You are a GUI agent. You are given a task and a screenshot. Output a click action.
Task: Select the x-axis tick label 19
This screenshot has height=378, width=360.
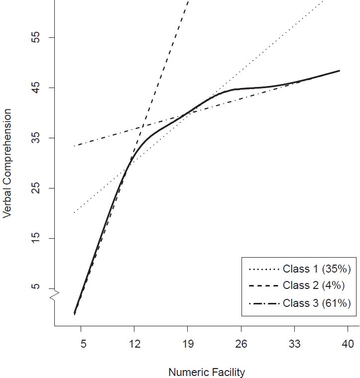pyautogui.click(x=187, y=344)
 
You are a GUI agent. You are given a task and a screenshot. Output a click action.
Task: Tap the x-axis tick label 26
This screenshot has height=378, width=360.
pyautogui.click(x=241, y=344)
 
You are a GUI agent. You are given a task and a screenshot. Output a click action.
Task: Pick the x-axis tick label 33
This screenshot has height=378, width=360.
pyautogui.click(x=294, y=344)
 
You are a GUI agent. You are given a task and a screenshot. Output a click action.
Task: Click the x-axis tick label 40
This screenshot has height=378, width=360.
pyautogui.click(x=348, y=344)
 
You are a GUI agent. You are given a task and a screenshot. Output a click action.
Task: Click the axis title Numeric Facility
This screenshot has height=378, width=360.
pyautogui.click(x=207, y=372)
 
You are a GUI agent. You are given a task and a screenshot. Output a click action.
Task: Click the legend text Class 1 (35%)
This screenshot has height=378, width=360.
pyautogui.click(x=317, y=269)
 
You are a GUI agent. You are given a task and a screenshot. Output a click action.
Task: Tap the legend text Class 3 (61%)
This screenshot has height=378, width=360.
pyautogui.click(x=317, y=302)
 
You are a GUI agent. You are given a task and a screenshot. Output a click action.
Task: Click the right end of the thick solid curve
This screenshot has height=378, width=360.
pyautogui.click(x=339, y=71)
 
